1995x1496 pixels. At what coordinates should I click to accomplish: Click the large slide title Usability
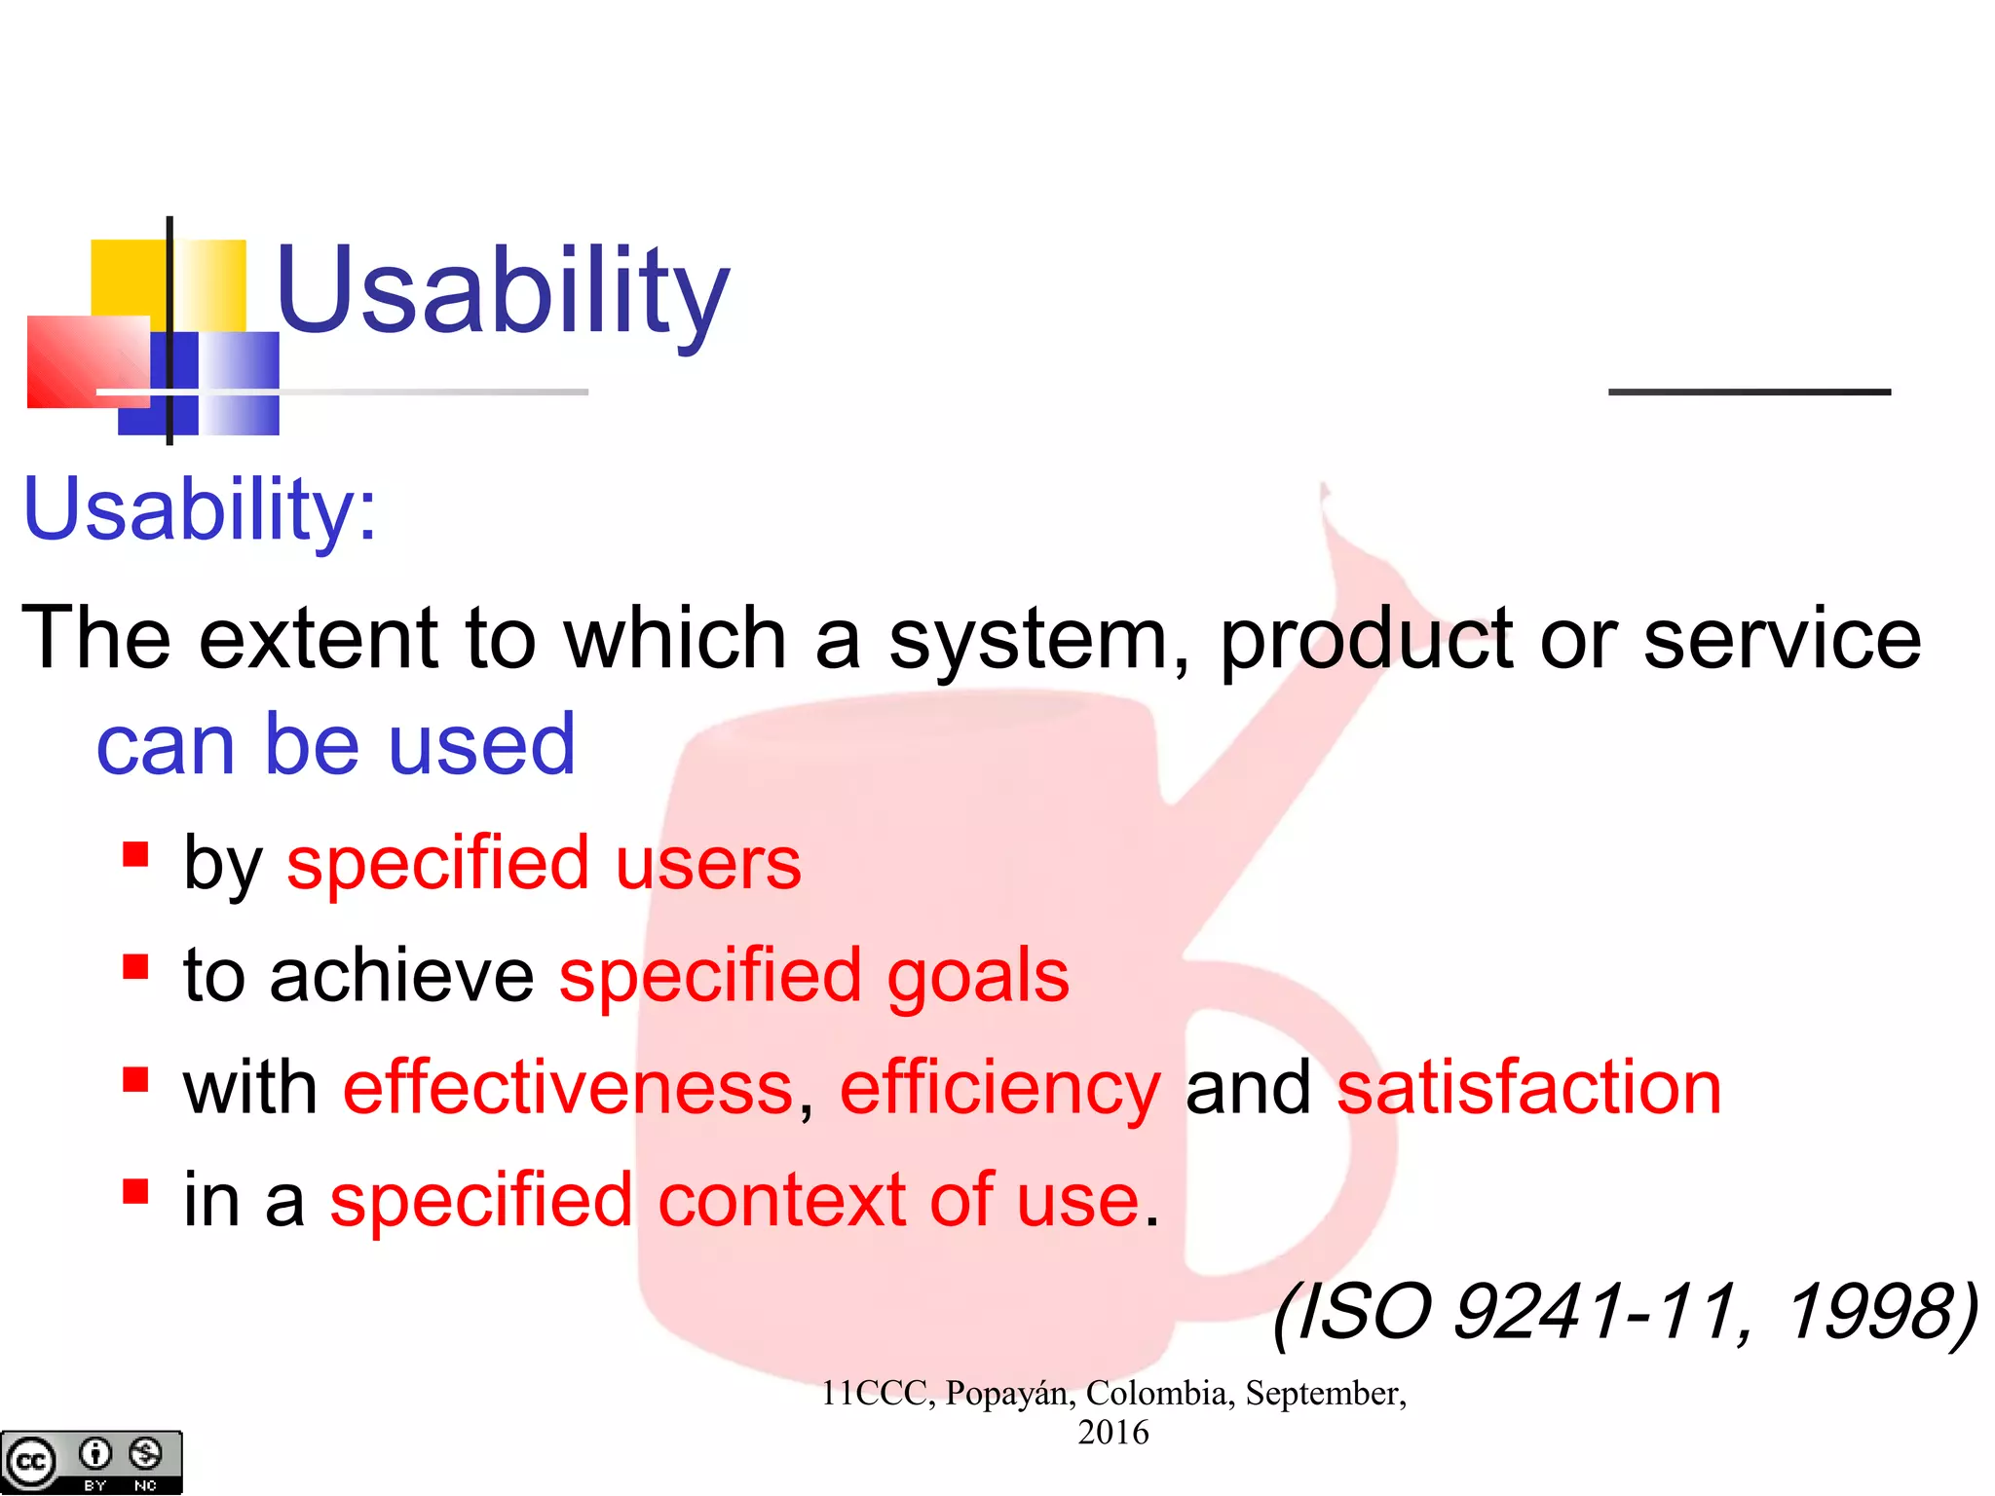502,292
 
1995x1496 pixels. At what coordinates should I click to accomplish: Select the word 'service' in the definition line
1783,639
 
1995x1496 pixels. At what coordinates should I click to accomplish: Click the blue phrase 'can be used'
336,745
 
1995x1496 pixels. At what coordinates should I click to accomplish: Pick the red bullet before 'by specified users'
135,855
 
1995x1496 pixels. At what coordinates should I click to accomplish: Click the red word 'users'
708,865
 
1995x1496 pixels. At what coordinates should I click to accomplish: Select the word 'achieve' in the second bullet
401,976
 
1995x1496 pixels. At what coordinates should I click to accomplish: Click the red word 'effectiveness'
569,1088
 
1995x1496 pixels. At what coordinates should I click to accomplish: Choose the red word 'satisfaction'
1529,1088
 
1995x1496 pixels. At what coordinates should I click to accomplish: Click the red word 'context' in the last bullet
781,1200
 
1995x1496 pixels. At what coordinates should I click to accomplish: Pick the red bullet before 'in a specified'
135,1191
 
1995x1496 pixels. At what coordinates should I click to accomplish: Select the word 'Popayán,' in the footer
1010,1394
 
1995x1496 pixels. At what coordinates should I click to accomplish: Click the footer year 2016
1112,1434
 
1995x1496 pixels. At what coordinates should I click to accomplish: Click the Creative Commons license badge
91,1462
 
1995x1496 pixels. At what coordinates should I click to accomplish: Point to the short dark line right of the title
1750,392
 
